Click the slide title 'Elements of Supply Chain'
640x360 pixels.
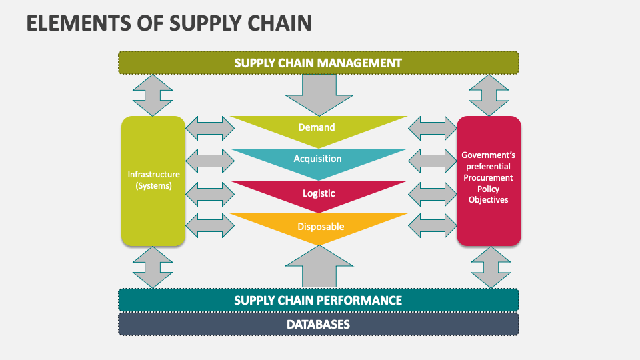[x=169, y=23]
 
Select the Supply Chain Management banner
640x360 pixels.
[x=318, y=63]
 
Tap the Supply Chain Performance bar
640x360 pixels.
[x=318, y=300]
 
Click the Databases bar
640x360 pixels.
[x=318, y=325]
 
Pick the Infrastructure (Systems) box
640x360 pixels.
[x=153, y=180]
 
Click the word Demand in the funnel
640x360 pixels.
[x=317, y=127]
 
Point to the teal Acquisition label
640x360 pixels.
[x=317, y=159]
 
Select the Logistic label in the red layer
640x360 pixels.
[x=318, y=193]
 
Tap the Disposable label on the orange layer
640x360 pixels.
[x=321, y=227]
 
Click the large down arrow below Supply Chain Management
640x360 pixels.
[x=319, y=93]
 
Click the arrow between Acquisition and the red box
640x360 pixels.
[x=431, y=160]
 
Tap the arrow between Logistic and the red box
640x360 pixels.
[x=431, y=193]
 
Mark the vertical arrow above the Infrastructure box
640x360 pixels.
[x=153, y=95]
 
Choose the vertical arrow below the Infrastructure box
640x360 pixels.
[x=153, y=267]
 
